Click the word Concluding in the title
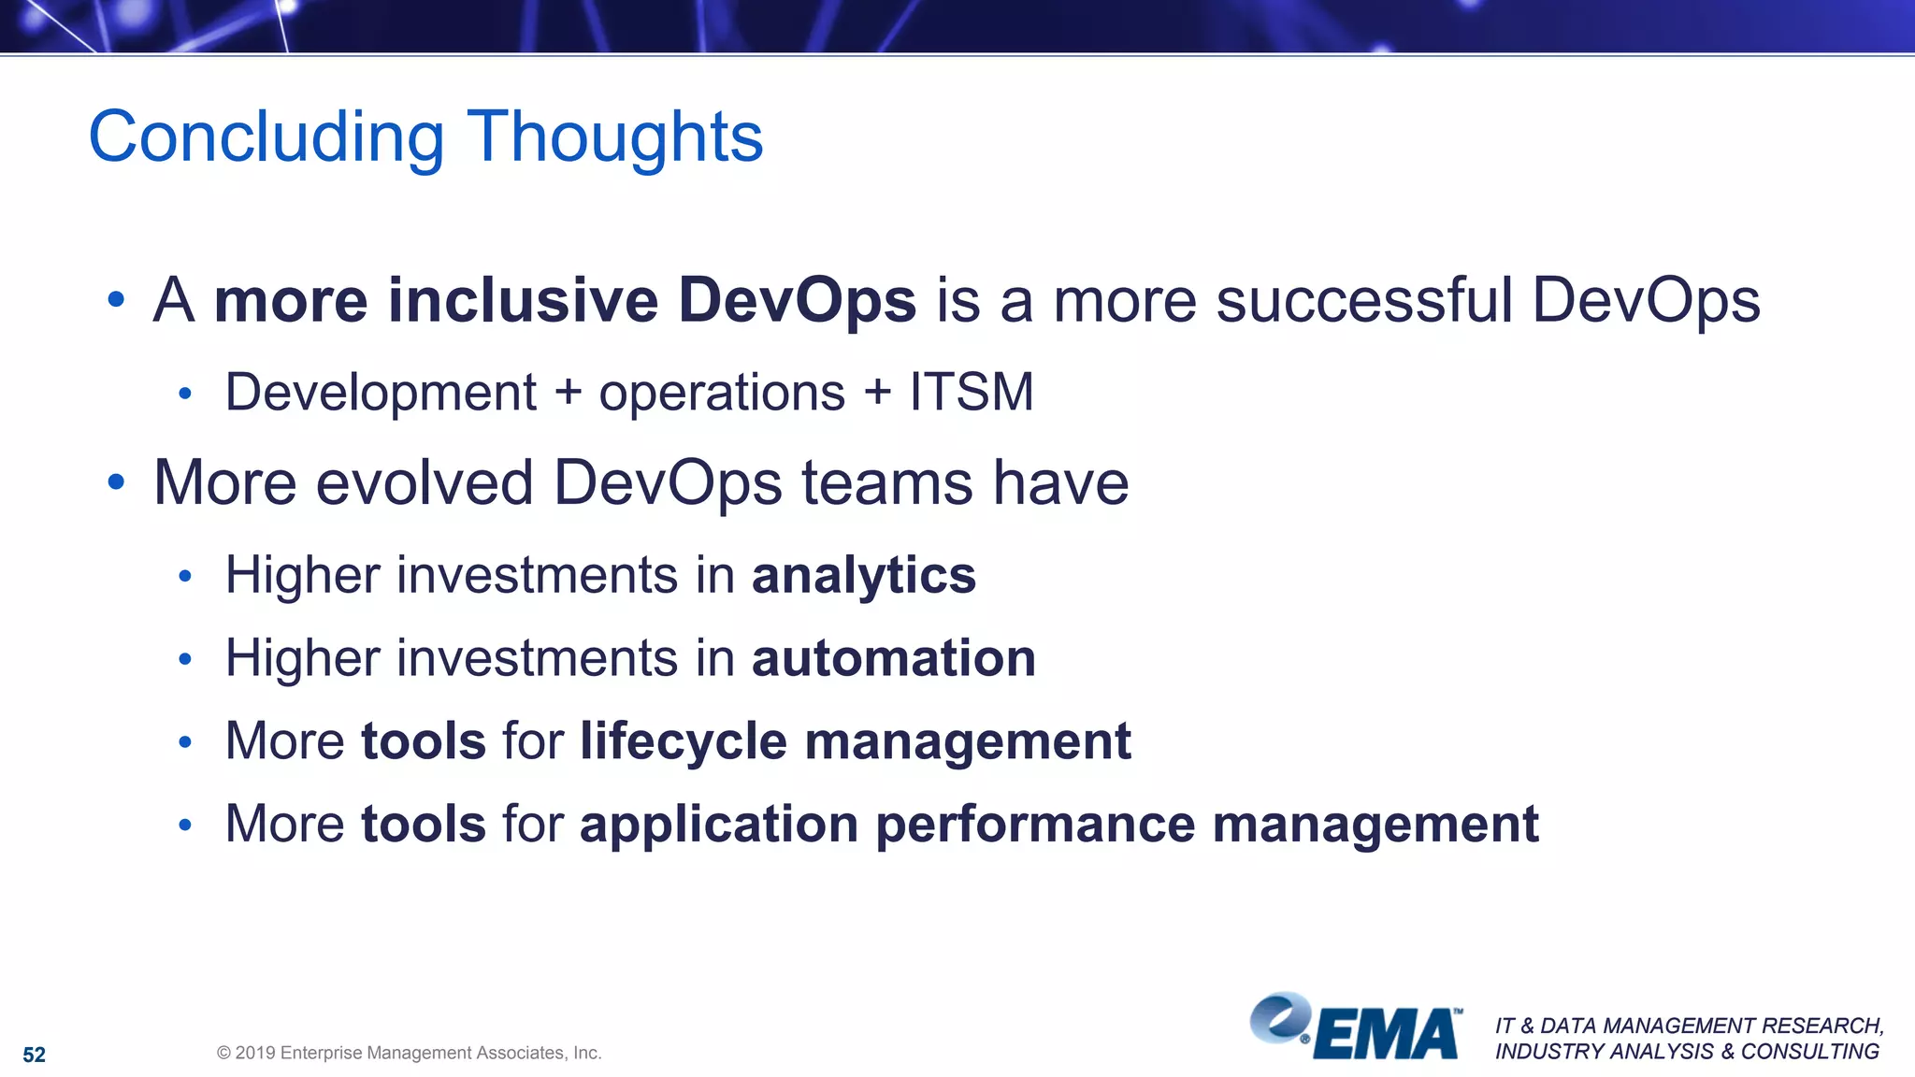pos(266,137)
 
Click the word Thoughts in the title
pos(614,137)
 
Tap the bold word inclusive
pos(523,300)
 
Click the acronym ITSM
pos(972,392)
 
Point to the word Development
pos(381,392)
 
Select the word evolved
pos(425,483)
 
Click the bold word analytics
pos(864,575)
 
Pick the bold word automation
pos(894,658)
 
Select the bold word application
pos(719,825)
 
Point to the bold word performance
pos(1035,825)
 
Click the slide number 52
pos(35,1055)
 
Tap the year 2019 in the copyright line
pos(254,1053)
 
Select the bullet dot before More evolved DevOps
pos(116,482)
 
